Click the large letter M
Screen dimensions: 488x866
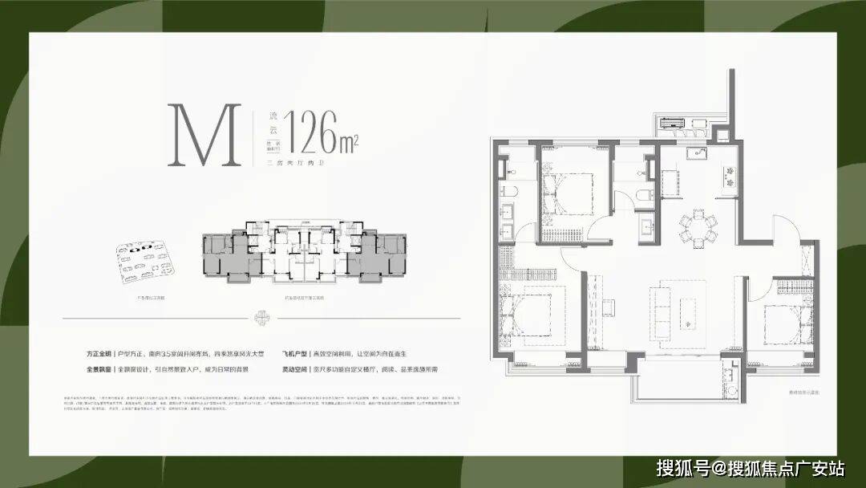[x=204, y=136]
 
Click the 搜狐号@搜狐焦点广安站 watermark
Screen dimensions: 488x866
[x=751, y=466]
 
